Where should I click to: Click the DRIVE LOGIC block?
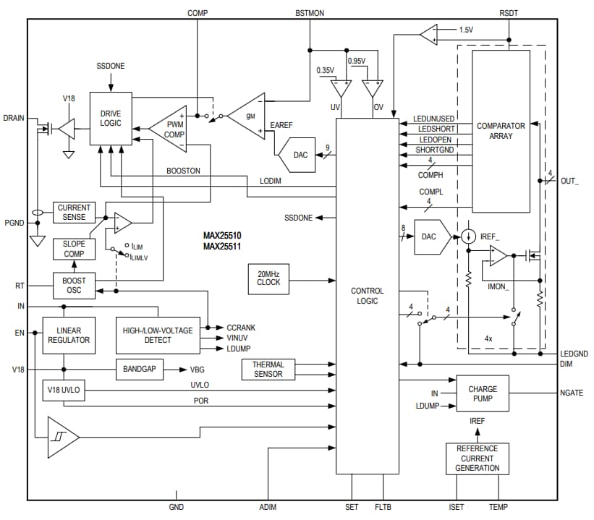(x=111, y=119)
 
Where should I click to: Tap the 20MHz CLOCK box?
(x=268, y=278)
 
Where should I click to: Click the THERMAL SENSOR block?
(x=268, y=370)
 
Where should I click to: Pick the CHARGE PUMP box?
(x=483, y=394)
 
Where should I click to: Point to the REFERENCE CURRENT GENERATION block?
(x=478, y=459)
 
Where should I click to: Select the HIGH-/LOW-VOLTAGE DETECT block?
(x=158, y=335)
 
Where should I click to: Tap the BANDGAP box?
(x=139, y=369)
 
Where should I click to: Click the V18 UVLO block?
(x=64, y=391)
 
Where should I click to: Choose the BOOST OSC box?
(x=74, y=285)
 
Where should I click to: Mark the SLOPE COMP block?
(x=74, y=249)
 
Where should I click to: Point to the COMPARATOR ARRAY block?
(x=501, y=131)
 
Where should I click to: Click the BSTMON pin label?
(x=310, y=13)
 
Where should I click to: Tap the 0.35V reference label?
(x=326, y=70)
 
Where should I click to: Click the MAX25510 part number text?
(x=222, y=236)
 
